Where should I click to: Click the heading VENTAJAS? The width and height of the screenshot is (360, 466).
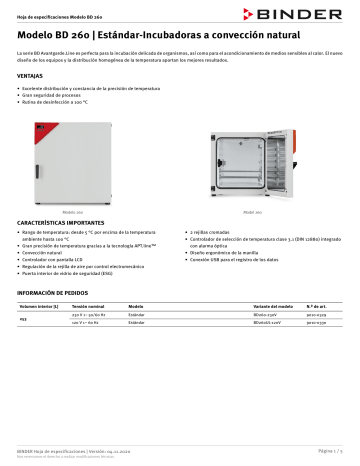pos(31,75)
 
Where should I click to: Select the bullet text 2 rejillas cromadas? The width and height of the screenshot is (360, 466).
pos(212,231)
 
